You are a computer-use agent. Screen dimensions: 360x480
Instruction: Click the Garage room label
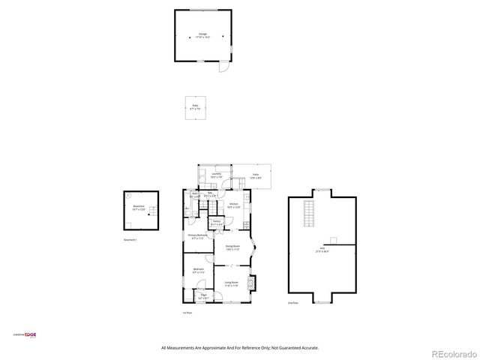tap(202, 35)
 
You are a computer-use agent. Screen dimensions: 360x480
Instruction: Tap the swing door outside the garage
tap(221, 68)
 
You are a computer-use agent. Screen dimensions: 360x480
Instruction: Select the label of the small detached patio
tap(195, 106)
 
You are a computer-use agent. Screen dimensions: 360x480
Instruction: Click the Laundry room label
tap(215, 175)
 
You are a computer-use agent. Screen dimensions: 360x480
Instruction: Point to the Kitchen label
tap(234, 204)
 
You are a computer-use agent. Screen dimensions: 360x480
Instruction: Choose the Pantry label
tap(217, 222)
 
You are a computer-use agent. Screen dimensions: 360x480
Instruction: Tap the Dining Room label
tap(233, 247)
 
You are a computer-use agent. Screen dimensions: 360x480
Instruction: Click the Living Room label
tap(232, 283)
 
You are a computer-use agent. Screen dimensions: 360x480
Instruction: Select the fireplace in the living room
tap(252, 283)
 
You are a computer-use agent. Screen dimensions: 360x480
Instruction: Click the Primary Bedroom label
tap(196, 236)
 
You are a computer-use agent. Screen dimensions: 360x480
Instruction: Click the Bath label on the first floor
tap(194, 195)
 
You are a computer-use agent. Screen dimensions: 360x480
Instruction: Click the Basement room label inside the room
tap(138, 207)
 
